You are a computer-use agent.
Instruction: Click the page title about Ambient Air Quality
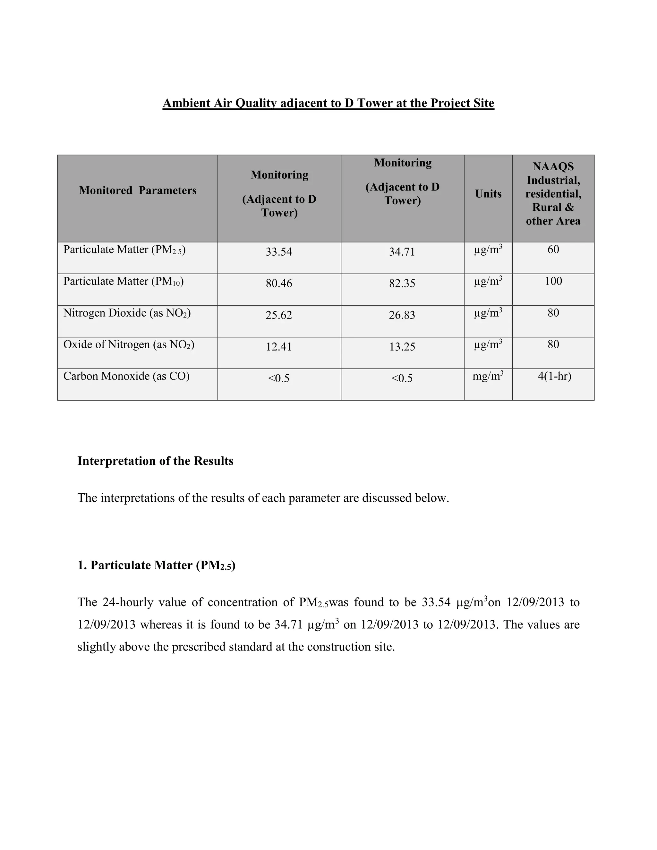tap(328, 103)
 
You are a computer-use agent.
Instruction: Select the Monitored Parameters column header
tap(137, 190)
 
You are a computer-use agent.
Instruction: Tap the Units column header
tap(488, 194)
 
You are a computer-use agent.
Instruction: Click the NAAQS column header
tap(553, 194)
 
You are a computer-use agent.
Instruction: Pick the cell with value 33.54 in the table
tap(279, 252)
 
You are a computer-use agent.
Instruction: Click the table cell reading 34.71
tap(402, 252)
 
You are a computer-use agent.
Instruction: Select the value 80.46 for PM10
tap(279, 283)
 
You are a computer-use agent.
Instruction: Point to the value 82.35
tap(402, 283)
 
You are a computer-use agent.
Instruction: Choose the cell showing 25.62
tap(279, 315)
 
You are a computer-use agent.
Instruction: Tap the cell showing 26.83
tap(402, 315)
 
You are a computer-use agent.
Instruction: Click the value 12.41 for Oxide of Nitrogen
tap(279, 346)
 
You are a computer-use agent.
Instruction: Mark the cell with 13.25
tap(402, 346)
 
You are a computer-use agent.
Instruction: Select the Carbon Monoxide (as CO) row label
tap(126, 376)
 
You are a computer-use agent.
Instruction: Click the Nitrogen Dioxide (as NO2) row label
tap(127, 313)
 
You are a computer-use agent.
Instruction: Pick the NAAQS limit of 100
tap(553, 281)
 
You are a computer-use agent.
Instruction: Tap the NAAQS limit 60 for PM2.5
tap(553, 250)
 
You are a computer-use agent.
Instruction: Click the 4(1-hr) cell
tap(554, 376)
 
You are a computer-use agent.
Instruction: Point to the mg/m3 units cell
tap(488, 376)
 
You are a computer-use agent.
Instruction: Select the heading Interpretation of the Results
tap(155, 461)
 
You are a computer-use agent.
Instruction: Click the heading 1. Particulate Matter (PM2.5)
tap(157, 565)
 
